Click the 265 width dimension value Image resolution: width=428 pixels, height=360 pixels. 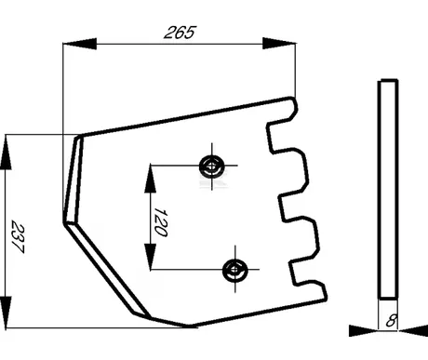pos(181,33)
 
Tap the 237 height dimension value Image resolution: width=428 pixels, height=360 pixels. pos(18,236)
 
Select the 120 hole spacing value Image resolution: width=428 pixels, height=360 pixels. pos(161,222)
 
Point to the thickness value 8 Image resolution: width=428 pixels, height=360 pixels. pos(392,321)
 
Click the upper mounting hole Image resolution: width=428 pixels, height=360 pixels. pos(212,166)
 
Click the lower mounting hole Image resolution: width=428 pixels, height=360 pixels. pos(235,269)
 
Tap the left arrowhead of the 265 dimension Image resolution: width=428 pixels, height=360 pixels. pos(80,44)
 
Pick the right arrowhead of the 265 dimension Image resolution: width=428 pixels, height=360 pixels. pos(279,44)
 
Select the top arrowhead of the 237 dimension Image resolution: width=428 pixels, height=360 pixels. pos(6,152)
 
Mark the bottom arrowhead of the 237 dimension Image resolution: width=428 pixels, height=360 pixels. pos(6,312)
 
